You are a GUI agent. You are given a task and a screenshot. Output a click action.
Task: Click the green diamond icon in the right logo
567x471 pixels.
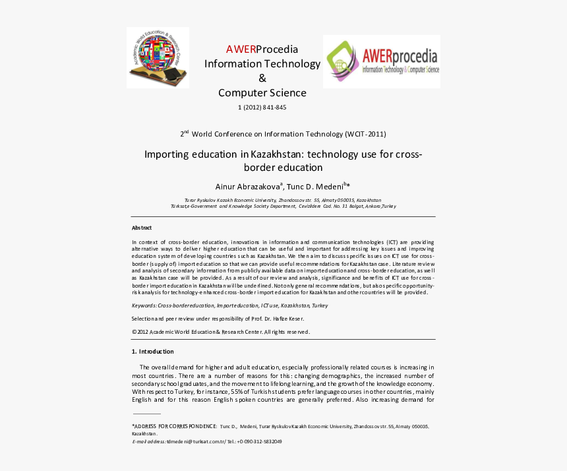pyautogui.click(x=342, y=60)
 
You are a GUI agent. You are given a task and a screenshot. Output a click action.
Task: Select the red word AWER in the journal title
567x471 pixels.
pyautogui.click(x=241, y=49)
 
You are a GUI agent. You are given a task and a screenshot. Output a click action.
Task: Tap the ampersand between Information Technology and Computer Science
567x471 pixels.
pyautogui.click(x=262, y=78)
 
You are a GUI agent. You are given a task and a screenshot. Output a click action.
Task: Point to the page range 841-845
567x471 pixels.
pyautogui.click(x=273, y=108)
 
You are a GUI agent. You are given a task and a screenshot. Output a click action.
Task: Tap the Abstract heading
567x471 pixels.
pyautogui.click(x=142, y=228)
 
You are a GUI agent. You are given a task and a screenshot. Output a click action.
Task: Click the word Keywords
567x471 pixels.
pyautogui.click(x=144, y=305)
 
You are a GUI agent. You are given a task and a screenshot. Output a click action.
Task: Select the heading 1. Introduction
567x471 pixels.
pyautogui.click(x=152, y=352)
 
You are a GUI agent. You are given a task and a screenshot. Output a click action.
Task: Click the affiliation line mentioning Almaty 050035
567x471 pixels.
pyautogui.click(x=282, y=199)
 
